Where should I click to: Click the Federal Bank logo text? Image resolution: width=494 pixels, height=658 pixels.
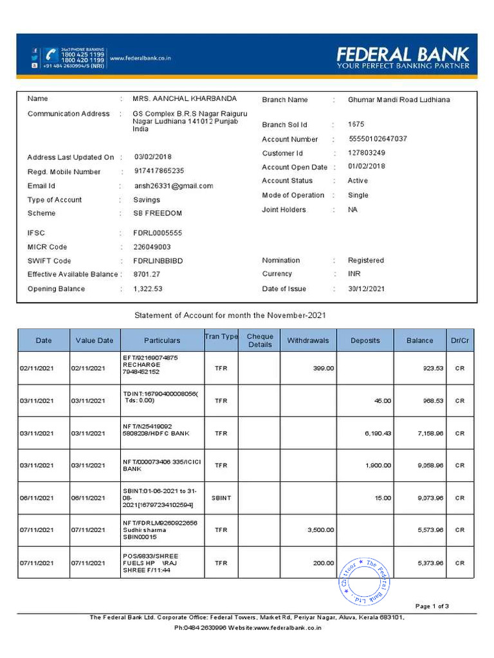click(x=403, y=55)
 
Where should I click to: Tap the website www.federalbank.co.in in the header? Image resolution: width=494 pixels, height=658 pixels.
click(x=140, y=58)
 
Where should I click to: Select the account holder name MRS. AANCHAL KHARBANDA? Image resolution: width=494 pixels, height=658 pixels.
click(x=185, y=99)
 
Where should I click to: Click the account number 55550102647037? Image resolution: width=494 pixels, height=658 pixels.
click(x=378, y=139)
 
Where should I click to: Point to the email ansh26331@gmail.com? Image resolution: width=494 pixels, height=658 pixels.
click(x=173, y=186)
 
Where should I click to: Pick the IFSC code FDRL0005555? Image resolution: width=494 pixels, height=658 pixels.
click(x=158, y=233)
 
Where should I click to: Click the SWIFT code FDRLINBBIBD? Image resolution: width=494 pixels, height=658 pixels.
click(x=158, y=261)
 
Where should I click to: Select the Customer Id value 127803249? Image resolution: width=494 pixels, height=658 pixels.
click(x=367, y=153)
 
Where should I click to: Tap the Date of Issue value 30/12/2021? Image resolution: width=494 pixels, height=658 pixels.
click(x=367, y=289)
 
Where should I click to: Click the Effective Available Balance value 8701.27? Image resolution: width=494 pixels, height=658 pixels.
click(x=147, y=274)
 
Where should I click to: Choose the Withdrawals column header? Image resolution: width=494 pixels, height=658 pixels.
click(x=308, y=341)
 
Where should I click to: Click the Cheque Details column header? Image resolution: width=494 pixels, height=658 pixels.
click(x=260, y=341)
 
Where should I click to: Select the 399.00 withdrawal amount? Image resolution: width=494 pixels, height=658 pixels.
click(x=323, y=368)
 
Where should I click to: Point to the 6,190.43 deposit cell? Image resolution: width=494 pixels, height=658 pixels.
click(x=378, y=433)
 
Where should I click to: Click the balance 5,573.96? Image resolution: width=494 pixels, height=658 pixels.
click(x=430, y=530)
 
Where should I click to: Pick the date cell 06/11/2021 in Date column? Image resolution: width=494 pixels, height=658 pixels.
click(x=35, y=498)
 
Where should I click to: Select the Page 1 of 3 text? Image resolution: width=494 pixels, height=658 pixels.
click(x=432, y=606)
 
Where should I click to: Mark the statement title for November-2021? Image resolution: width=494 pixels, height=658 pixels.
click(x=234, y=316)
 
